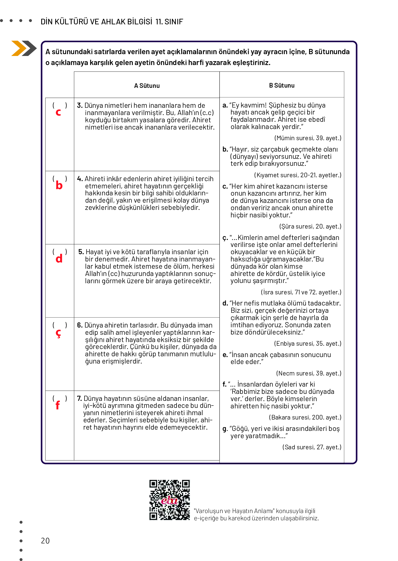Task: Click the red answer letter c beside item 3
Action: tap(58, 112)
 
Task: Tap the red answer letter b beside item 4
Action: tap(59, 186)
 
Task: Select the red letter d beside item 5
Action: tap(59, 259)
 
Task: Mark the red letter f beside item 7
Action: tap(58, 405)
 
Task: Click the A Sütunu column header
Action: tap(147, 86)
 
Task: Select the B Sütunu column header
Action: tap(282, 86)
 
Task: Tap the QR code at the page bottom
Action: tap(170, 500)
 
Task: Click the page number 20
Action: tap(45, 541)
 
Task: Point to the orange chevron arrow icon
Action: tap(19, 48)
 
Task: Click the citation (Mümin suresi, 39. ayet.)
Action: tap(308, 138)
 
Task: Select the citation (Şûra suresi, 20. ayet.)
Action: tap(310, 226)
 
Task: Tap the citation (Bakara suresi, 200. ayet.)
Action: tap(305, 417)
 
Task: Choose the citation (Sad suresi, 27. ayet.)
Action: tap(312, 447)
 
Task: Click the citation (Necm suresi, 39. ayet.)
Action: tap(309, 373)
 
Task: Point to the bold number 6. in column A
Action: tap(80, 325)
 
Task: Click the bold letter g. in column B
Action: tap(225, 429)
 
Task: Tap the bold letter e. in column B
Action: tap(225, 355)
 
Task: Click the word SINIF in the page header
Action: tap(174, 22)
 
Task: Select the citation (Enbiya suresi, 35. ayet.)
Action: tap(308, 344)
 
